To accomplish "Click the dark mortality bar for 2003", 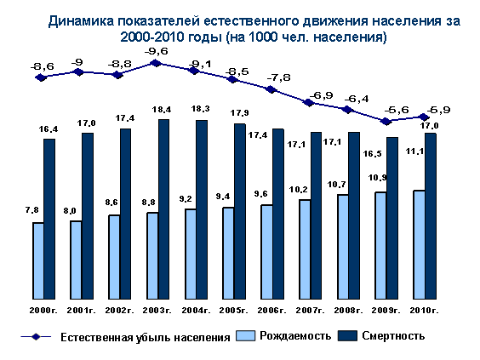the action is [x=163, y=209].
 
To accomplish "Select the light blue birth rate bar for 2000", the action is [x=38, y=260].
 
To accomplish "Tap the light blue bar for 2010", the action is [x=419, y=244].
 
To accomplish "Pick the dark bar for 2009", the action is [x=392, y=218].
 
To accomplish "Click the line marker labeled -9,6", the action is [x=156, y=63].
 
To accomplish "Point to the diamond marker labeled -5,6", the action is [x=386, y=122].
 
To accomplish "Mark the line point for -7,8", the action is [x=271, y=89].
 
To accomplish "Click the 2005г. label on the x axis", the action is [x=233, y=311].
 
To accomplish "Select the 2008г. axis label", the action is [x=348, y=311].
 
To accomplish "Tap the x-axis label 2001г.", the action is [x=82, y=311].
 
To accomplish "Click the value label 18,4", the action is [x=162, y=109].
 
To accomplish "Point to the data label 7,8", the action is [x=32, y=210].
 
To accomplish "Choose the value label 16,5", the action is [x=373, y=154].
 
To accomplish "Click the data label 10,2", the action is [x=299, y=190].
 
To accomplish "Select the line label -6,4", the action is [x=357, y=100].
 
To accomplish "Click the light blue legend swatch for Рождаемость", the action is [x=245, y=336].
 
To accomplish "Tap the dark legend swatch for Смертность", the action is [x=347, y=336].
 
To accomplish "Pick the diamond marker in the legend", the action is [x=36, y=337].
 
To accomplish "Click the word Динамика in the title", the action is [x=81, y=21].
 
